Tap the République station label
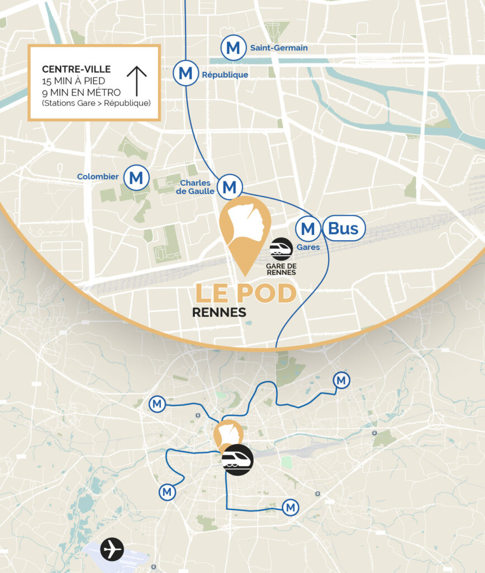tap(225, 75)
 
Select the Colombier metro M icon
tap(136, 178)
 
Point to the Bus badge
tap(343, 228)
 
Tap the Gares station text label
tap(308, 247)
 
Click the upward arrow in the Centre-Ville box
tap(136, 81)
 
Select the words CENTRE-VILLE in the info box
tap(77, 69)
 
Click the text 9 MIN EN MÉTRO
tap(82, 92)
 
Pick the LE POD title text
tap(245, 293)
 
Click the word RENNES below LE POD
tap(219, 312)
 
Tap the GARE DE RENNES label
tap(281, 269)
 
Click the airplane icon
tap(112, 549)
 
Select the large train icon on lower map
tap(237, 460)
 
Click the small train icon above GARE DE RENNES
tap(281, 248)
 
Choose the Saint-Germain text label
tap(279, 48)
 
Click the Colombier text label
tap(98, 177)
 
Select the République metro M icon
tap(186, 73)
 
